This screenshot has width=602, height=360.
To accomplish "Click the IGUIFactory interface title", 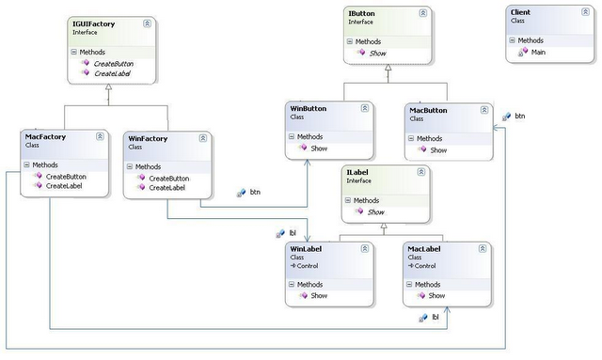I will click(x=92, y=22).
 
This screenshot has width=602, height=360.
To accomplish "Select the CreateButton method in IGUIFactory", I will click(x=112, y=63).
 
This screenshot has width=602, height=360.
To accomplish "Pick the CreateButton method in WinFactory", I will click(x=168, y=178).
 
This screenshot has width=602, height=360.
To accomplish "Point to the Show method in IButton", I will click(x=378, y=55).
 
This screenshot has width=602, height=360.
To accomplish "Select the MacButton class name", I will click(x=429, y=110).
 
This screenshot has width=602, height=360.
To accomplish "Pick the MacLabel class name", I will click(x=426, y=249).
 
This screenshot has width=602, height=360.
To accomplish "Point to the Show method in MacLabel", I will click(x=436, y=296).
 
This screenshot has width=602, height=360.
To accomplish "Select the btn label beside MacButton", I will click(x=519, y=116).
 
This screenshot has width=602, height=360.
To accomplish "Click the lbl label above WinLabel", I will click(x=293, y=231).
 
